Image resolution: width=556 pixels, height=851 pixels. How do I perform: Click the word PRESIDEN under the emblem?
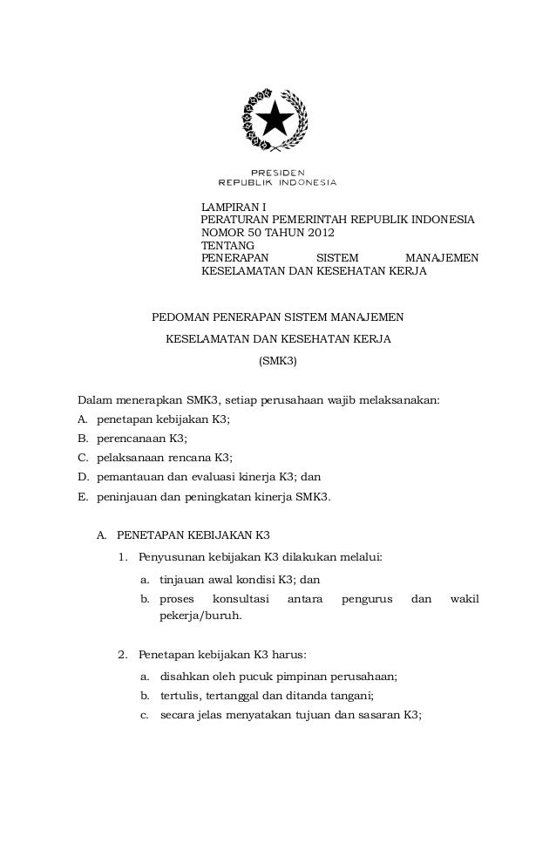277,172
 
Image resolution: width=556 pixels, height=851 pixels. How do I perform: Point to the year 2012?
318,233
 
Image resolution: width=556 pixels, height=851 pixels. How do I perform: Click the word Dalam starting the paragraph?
96,402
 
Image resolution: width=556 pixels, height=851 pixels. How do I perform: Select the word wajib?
348,402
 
